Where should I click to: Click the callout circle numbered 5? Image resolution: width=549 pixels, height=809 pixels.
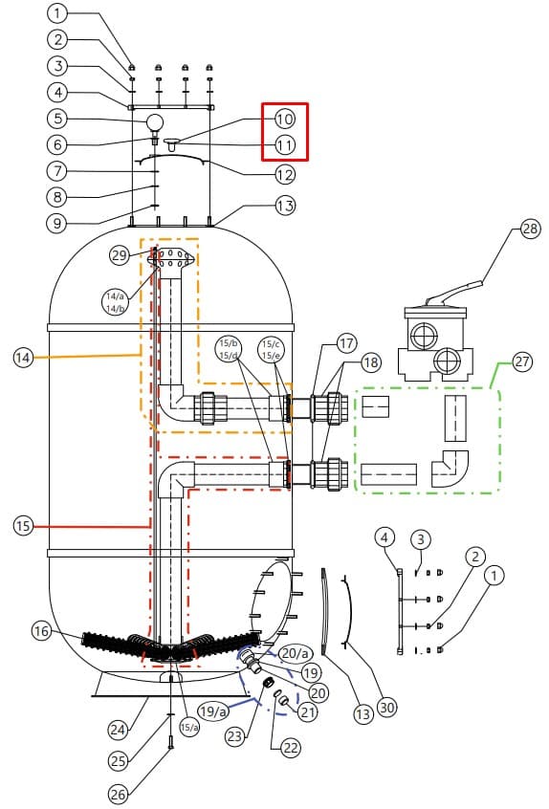pos(57,119)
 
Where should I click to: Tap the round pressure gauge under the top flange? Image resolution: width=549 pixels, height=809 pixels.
pos(155,122)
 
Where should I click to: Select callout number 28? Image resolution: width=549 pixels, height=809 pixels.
pos(530,229)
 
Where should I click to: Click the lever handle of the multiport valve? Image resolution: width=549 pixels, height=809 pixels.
pos(456,292)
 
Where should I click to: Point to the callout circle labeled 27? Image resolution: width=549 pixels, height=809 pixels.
pos(522,361)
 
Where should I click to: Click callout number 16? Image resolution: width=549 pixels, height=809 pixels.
pos(42,630)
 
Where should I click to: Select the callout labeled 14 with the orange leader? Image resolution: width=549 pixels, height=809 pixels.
pos(23,358)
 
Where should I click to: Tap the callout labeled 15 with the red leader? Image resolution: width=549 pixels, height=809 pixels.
pos(23,526)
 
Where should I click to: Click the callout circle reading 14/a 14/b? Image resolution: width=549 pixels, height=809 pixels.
pos(115,302)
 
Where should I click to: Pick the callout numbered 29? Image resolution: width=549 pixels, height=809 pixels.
pos(120,255)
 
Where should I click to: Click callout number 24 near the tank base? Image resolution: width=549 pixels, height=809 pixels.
pos(119,730)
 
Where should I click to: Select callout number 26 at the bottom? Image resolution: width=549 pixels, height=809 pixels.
pos(119,794)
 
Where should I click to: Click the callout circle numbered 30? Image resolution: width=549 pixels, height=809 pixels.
pos(387,708)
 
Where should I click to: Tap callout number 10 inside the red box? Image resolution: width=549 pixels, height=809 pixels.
pos(284,120)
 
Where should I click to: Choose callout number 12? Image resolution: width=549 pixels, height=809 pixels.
pos(284,175)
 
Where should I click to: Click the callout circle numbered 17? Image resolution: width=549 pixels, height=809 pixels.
pos(347,343)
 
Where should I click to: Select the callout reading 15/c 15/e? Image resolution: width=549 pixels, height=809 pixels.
pos(271,350)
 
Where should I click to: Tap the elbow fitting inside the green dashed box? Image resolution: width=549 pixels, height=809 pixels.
pos(450,469)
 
